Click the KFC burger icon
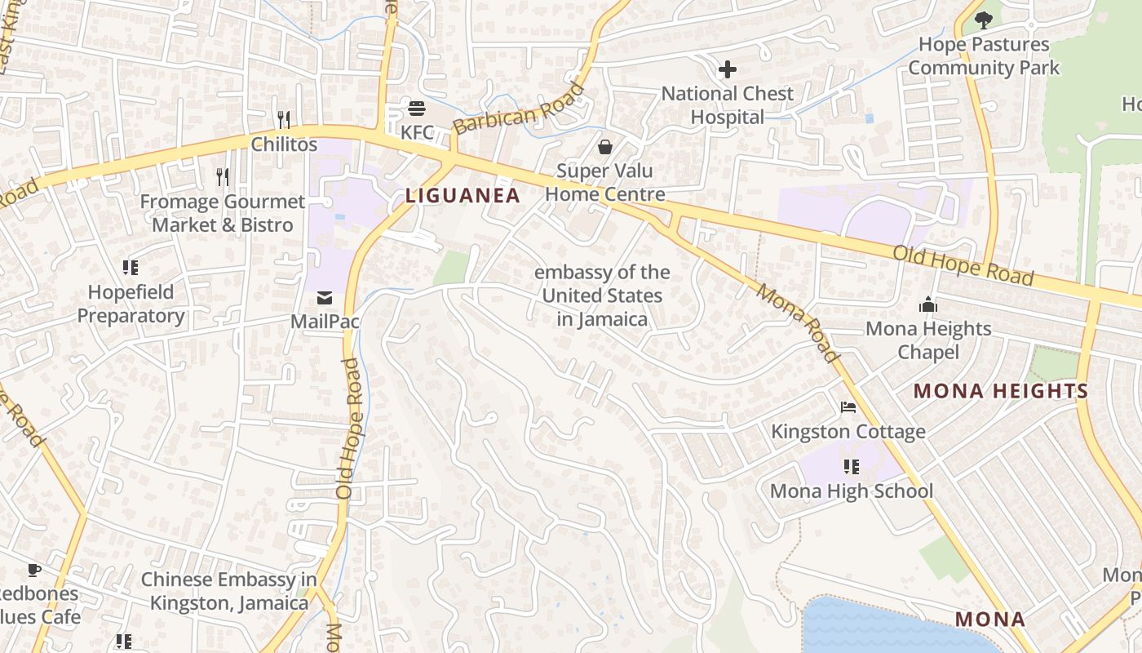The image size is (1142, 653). [x=417, y=109]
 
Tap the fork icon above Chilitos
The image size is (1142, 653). [x=284, y=120]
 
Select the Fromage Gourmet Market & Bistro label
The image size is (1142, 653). [x=222, y=213]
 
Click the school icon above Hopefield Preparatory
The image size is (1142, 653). [x=131, y=268]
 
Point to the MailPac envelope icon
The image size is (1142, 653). [x=325, y=298]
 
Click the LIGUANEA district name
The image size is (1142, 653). [x=463, y=195]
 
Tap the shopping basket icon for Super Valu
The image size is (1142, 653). [x=605, y=147]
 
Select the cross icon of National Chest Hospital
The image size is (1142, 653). [x=727, y=69]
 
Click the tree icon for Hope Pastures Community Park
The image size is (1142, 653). [x=984, y=20]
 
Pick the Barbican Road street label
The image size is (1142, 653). [x=519, y=109]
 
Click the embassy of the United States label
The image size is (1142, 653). [x=602, y=295]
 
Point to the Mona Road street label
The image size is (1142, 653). [x=797, y=322]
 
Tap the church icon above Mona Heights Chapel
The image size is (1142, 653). [x=928, y=305]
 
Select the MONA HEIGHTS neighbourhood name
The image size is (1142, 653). [x=1001, y=391]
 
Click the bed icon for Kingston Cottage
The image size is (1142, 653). [x=848, y=407]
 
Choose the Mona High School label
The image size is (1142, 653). [x=852, y=491]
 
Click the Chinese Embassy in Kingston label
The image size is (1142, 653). [x=228, y=592]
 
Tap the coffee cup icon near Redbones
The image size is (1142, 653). [x=33, y=570]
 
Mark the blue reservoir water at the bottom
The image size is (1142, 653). [x=881, y=629]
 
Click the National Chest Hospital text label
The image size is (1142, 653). [x=727, y=105]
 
